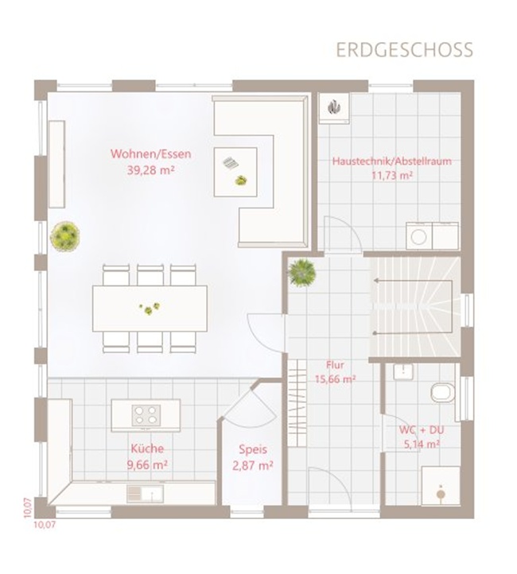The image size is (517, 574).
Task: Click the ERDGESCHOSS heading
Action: tap(405, 50)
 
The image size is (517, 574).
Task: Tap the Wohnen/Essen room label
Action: tap(151, 153)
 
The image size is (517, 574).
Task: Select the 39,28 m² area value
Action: tap(151, 170)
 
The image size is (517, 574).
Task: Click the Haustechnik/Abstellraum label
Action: tap(392, 161)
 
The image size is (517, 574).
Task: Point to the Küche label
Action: tap(147, 449)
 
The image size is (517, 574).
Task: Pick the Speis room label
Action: tap(253, 449)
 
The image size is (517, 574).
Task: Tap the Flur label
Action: tap(335, 365)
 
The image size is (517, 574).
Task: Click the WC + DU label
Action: tap(422, 429)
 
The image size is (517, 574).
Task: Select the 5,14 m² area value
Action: tap(422, 444)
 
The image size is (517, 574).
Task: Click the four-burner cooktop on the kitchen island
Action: tap(146, 416)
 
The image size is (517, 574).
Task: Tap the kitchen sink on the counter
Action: tap(145, 494)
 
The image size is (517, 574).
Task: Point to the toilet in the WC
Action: tap(443, 393)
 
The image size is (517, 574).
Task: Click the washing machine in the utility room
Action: tap(419, 236)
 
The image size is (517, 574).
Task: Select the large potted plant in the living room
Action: tap(64, 236)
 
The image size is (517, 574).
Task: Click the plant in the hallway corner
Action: tap(302, 272)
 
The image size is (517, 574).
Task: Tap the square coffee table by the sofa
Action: tap(235, 172)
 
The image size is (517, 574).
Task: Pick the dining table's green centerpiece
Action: tap(150, 308)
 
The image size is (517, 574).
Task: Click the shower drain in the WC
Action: tap(441, 494)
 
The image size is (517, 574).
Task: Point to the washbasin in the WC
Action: tap(403, 371)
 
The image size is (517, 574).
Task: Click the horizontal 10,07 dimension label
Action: tap(45, 525)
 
